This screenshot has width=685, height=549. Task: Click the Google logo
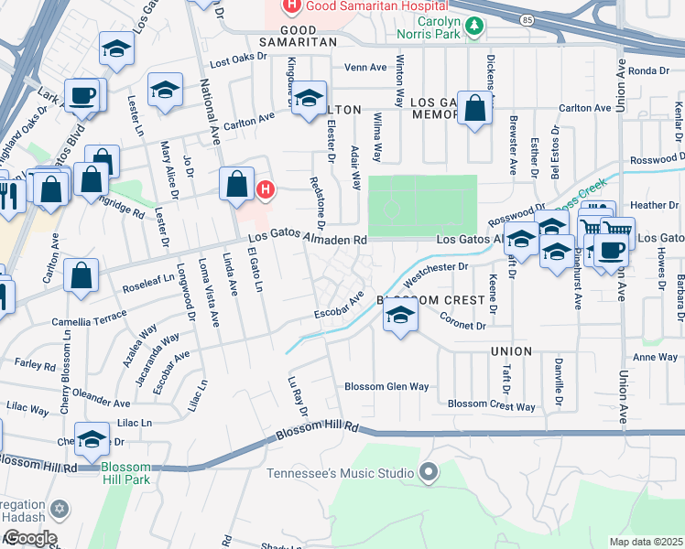pyautogui.click(x=29, y=538)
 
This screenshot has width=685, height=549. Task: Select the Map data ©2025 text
pyautogui.click(x=646, y=542)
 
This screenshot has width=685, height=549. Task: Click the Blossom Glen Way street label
pyautogui.click(x=386, y=386)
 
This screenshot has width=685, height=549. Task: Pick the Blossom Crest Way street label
pyautogui.click(x=491, y=404)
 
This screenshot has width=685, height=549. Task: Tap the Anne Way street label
pyautogui.click(x=656, y=358)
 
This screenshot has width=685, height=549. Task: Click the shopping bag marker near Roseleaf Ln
pyautogui.click(x=82, y=275)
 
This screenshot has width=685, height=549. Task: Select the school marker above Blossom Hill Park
pyautogui.click(x=92, y=439)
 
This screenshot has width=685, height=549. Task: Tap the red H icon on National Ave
pyautogui.click(x=265, y=190)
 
